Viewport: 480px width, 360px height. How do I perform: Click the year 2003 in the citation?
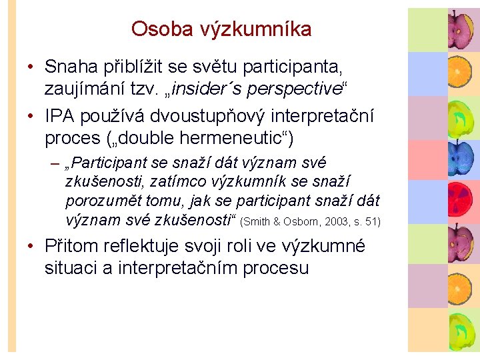click(331, 221)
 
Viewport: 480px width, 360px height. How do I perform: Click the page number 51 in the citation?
click(369, 221)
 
